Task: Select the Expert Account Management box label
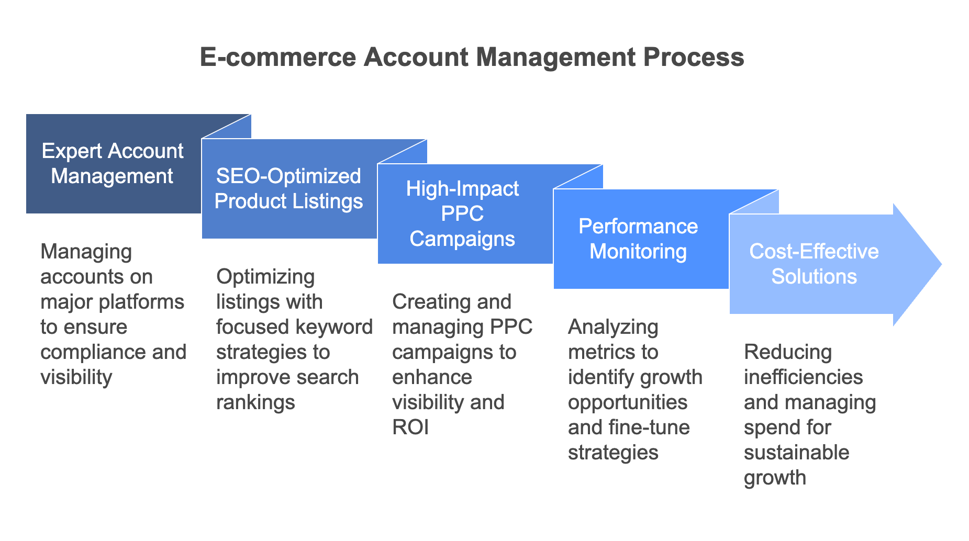tap(113, 164)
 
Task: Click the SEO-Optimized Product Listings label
tap(288, 188)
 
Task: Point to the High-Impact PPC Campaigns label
tap(462, 213)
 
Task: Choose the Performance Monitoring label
tap(638, 239)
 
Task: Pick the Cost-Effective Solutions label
tap(814, 264)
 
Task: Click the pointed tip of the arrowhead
tap(942, 264)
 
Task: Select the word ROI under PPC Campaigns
tap(410, 427)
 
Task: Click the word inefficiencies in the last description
tap(804, 377)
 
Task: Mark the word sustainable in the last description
tap(797, 453)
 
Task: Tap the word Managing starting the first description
tap(86, 252)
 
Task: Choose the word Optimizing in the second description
tap(265, 277)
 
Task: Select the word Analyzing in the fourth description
tap(613, 328)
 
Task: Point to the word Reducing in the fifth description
tap(788, 353)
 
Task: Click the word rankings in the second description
tap(255, 403)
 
